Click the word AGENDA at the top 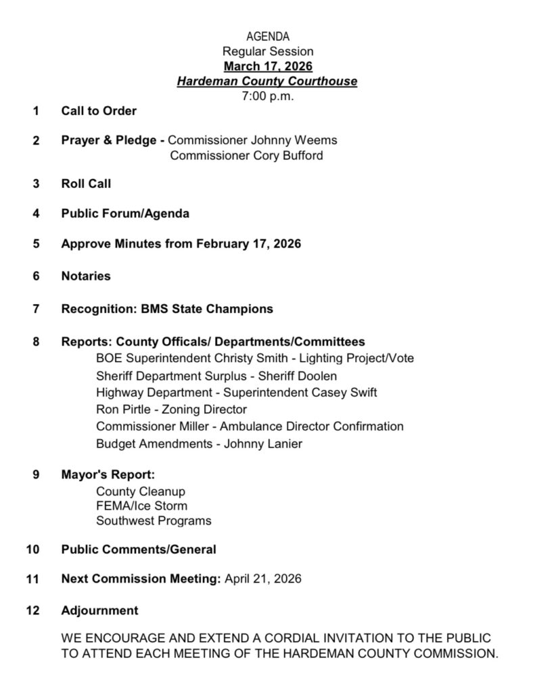pos(267,36)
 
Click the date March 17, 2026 pos(267,66)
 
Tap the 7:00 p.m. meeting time pos(267,96)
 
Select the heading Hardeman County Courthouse pos(267,82)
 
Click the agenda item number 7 pos(35,309)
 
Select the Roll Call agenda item pos(86,183)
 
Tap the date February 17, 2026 pos(248,243)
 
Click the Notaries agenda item pos(86,276)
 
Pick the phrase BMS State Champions pos(207,309)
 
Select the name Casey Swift pos(345,393)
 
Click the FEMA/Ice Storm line pos(141,505)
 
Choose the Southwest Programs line pos(154,520)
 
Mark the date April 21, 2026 pos(263,578)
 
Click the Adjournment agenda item pos(99,610)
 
